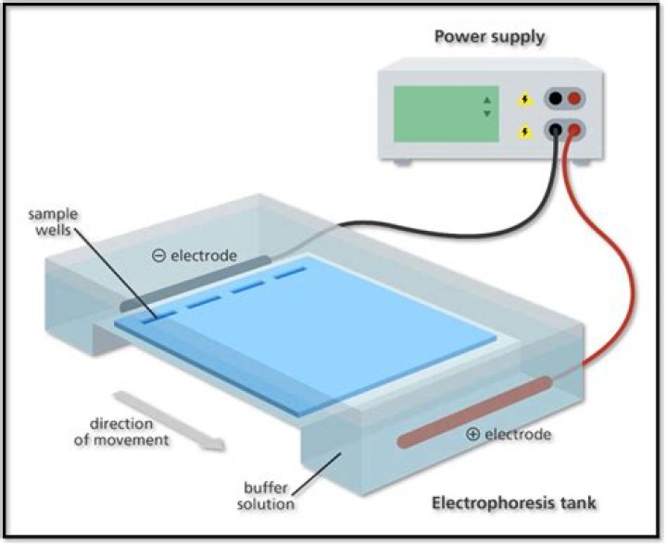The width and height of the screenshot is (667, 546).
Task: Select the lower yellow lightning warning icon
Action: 526,133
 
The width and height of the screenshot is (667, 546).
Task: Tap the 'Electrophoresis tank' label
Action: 513,503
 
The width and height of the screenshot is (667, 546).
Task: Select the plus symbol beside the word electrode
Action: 472,434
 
